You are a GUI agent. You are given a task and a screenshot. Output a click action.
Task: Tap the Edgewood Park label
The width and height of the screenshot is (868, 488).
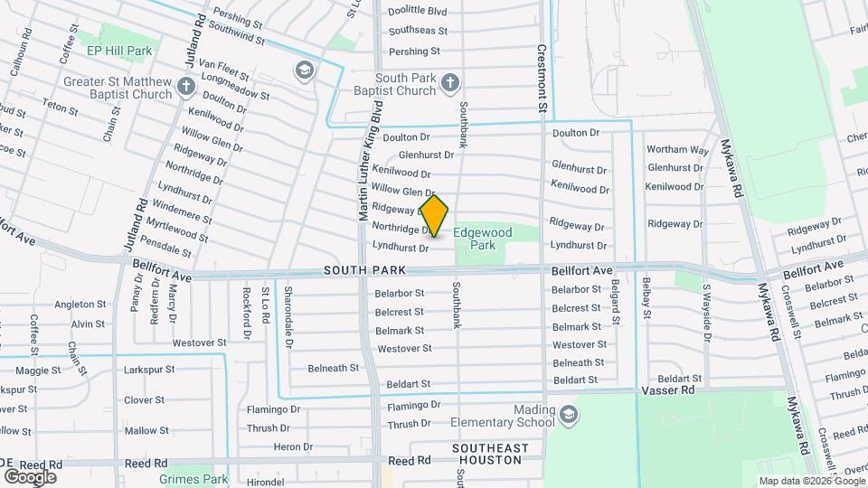click(482, 239)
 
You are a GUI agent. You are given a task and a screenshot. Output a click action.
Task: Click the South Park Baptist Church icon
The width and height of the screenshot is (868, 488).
click(450, 84)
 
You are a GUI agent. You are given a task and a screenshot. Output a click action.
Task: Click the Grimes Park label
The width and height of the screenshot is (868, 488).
click(193, 479)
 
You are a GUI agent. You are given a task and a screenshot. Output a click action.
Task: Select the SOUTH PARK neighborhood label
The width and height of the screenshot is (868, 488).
click(364, 271)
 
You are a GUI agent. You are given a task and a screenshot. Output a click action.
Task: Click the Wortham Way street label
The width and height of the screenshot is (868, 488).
click(677, 150)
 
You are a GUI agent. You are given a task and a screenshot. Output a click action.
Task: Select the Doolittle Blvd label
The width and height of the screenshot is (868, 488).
click(418, 11)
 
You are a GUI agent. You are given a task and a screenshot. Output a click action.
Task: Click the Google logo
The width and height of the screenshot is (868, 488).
click(30, 476)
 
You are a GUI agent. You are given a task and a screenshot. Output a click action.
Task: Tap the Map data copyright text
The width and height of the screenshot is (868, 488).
click(810, 481)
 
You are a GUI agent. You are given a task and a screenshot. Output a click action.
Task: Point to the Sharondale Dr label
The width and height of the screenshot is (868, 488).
click(288, 317)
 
